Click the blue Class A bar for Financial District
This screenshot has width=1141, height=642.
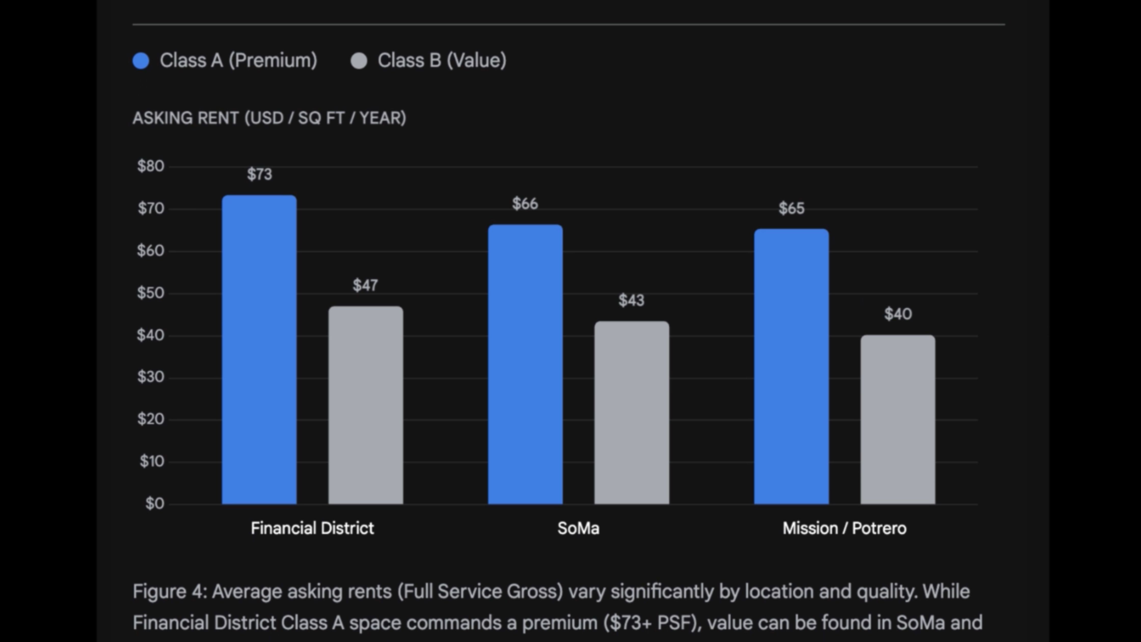259,350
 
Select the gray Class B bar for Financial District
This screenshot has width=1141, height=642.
365,405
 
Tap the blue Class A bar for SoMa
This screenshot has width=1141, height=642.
525,364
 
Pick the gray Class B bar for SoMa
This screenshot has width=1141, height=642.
632,413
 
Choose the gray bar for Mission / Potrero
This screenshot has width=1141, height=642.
898,420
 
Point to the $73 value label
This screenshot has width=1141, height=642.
260,174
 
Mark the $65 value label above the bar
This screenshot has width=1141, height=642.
792,208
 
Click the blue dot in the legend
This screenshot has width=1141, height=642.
141,61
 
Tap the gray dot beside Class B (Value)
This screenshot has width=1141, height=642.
359,61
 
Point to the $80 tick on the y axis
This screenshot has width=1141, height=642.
151,166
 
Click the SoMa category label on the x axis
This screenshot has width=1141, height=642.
578,528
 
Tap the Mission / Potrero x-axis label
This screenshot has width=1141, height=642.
844,528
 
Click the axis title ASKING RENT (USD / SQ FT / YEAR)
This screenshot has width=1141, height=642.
269,118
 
